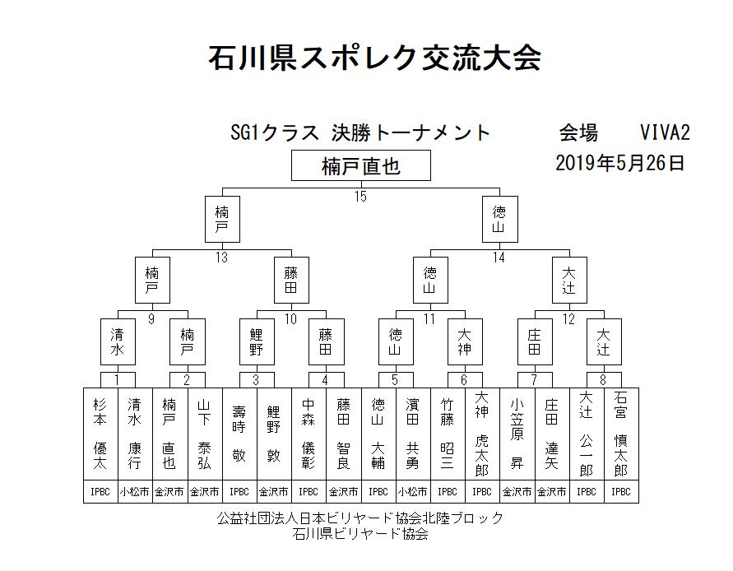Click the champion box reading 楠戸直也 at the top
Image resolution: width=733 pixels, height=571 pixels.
(x=361, y=165)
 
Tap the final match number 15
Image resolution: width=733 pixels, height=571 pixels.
(x=360, y=197)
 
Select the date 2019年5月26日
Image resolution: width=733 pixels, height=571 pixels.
(x=619, y=163)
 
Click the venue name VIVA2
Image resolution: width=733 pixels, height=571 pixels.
(x=665, y=132)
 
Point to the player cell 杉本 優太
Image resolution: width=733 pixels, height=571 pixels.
(x=100, y=434)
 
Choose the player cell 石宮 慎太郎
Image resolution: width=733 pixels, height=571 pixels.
(x=621, y=434)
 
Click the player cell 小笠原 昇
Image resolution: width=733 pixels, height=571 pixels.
(x=517, y=434)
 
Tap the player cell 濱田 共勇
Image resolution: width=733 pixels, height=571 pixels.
(x=413, y=434)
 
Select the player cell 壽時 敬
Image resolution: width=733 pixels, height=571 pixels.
(x=239, y=434)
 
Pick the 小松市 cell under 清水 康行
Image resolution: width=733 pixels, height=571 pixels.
(x=135, y=491)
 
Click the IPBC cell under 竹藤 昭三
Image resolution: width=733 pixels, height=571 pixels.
(x=448, y=491)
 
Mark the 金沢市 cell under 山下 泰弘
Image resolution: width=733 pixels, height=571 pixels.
(x=205, y=491)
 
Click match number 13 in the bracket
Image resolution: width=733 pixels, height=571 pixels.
(x=221, y=258)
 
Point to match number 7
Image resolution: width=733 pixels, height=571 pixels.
(x=534, y=380)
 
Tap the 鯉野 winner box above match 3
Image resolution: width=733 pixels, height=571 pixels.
(x=257, y=341)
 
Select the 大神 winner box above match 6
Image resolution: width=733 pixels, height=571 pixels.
(x=465, y=341)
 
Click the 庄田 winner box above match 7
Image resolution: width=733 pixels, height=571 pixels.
(x=535, y=341)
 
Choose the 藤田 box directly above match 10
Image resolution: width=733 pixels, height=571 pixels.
(x=291, y=280)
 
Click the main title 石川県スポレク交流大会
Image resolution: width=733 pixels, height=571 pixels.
(x=374, y=58)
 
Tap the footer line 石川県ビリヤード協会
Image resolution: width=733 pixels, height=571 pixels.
(x=360, y=534)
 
